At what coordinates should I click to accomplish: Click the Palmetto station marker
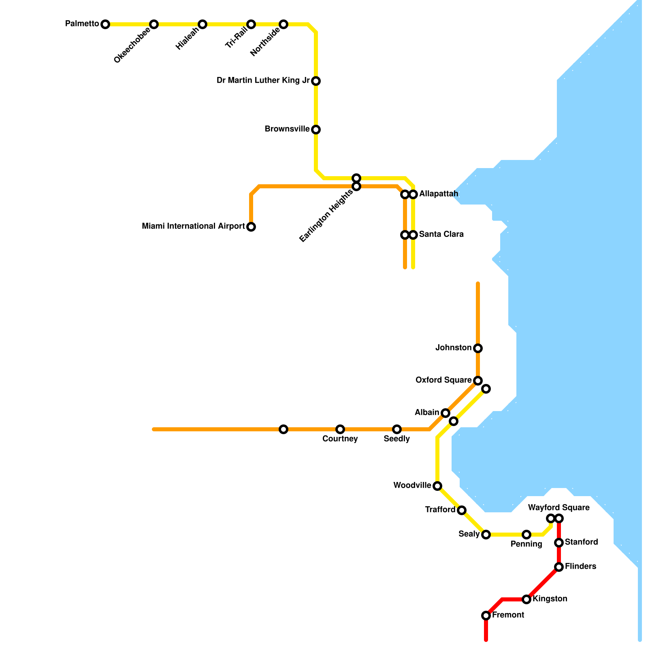(x=105, y=24)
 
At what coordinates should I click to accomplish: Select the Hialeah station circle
(x=202, y=24)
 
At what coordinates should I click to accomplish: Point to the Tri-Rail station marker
(x=251, y=24)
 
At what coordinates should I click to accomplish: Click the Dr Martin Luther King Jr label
(x=263, y=81)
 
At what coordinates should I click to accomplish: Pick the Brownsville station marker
(x=316, y=130)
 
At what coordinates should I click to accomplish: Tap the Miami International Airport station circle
(x=251, y=227)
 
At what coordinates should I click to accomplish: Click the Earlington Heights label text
(x=326, y=216)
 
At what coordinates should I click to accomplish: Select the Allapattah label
(x=439, y=194)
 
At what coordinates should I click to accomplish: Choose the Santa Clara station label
(x=441, y=234)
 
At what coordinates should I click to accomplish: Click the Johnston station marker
(x=478, y=348)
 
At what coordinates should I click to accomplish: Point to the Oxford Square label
(x=443, y=380)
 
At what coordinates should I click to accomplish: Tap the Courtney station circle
(x=340, y=429)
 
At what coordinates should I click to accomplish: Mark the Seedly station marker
(x=397, y=429)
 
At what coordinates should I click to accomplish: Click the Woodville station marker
(x=437, y=486)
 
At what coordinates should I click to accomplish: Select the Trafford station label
(x=440, y=510)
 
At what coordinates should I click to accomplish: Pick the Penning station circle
(x=526, y=535)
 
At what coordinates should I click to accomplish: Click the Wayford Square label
(x=559, y=508)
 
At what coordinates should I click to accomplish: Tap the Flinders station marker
(x=559, y=567)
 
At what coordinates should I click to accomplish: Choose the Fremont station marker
(x=486, y=616)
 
